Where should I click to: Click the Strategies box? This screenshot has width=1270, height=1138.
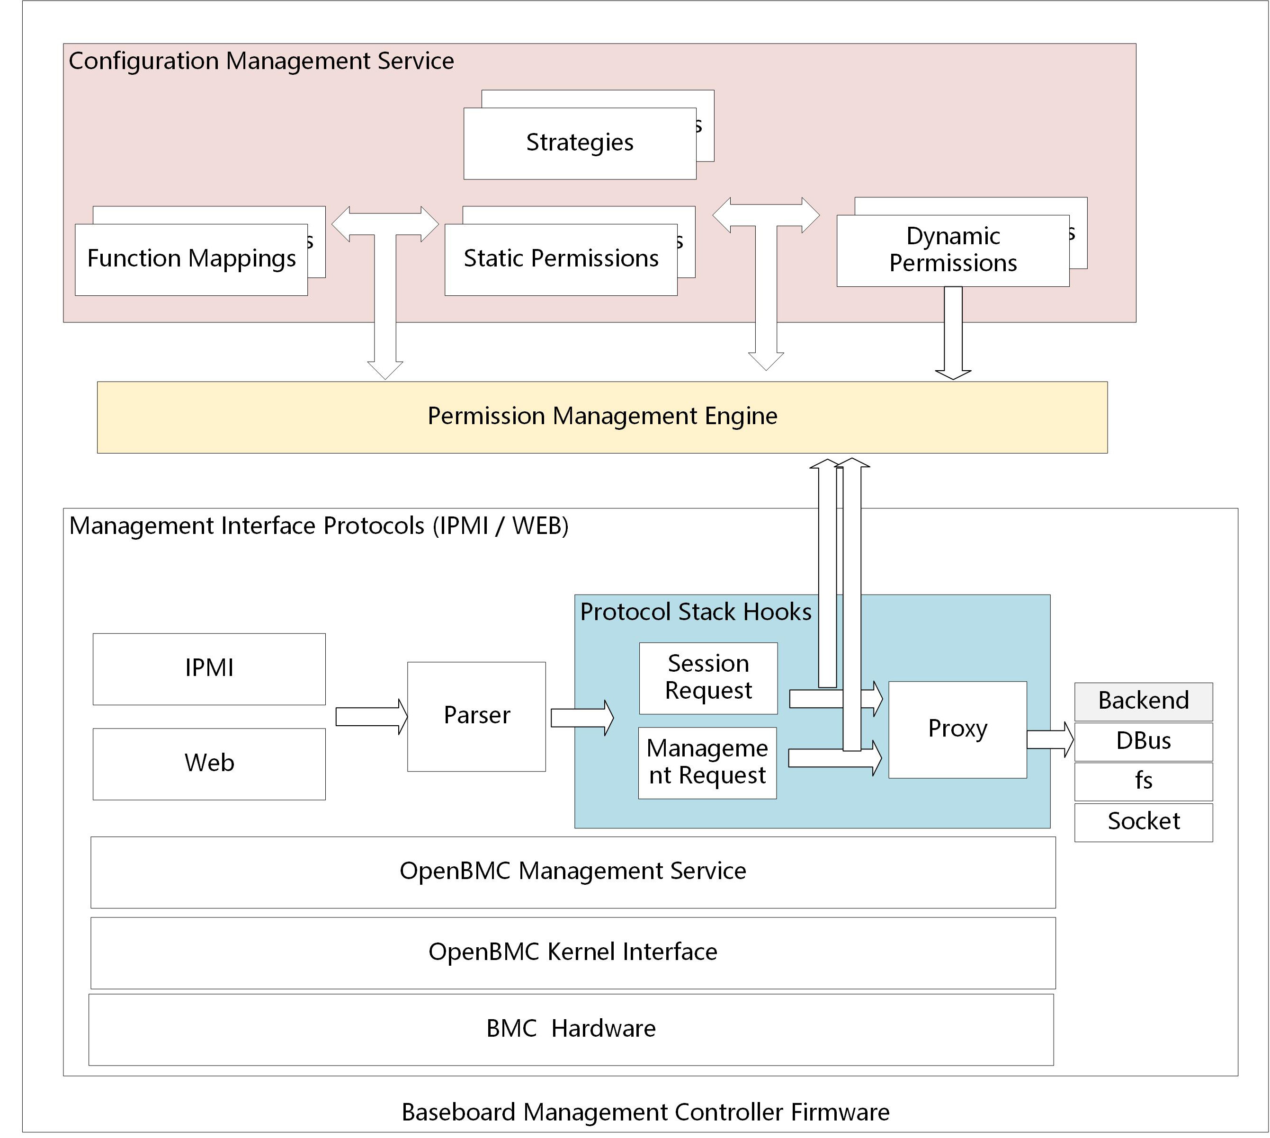click(580, 143)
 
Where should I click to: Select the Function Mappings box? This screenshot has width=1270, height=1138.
click(191, 259)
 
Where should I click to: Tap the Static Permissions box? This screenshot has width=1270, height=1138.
click(561, 259)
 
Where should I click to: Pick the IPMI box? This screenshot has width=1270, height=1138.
click(209, 668)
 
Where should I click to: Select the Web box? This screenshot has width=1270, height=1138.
click(209, 764)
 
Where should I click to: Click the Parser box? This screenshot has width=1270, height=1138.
click(476, 716)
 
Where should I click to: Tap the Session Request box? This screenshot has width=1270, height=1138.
click(708, 678)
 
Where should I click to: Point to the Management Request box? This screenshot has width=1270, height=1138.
click(707, 762)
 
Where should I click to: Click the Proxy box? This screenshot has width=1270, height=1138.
click(957, 729)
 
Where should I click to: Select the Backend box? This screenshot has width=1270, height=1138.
click(1143, 701)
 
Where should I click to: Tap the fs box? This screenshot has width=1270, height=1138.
click(1143, 781)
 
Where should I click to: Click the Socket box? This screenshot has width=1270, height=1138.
click(1143, 822)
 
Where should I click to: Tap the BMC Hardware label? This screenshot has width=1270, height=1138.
click(571, 1029)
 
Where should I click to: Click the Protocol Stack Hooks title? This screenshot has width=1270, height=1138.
click(695, 612)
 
